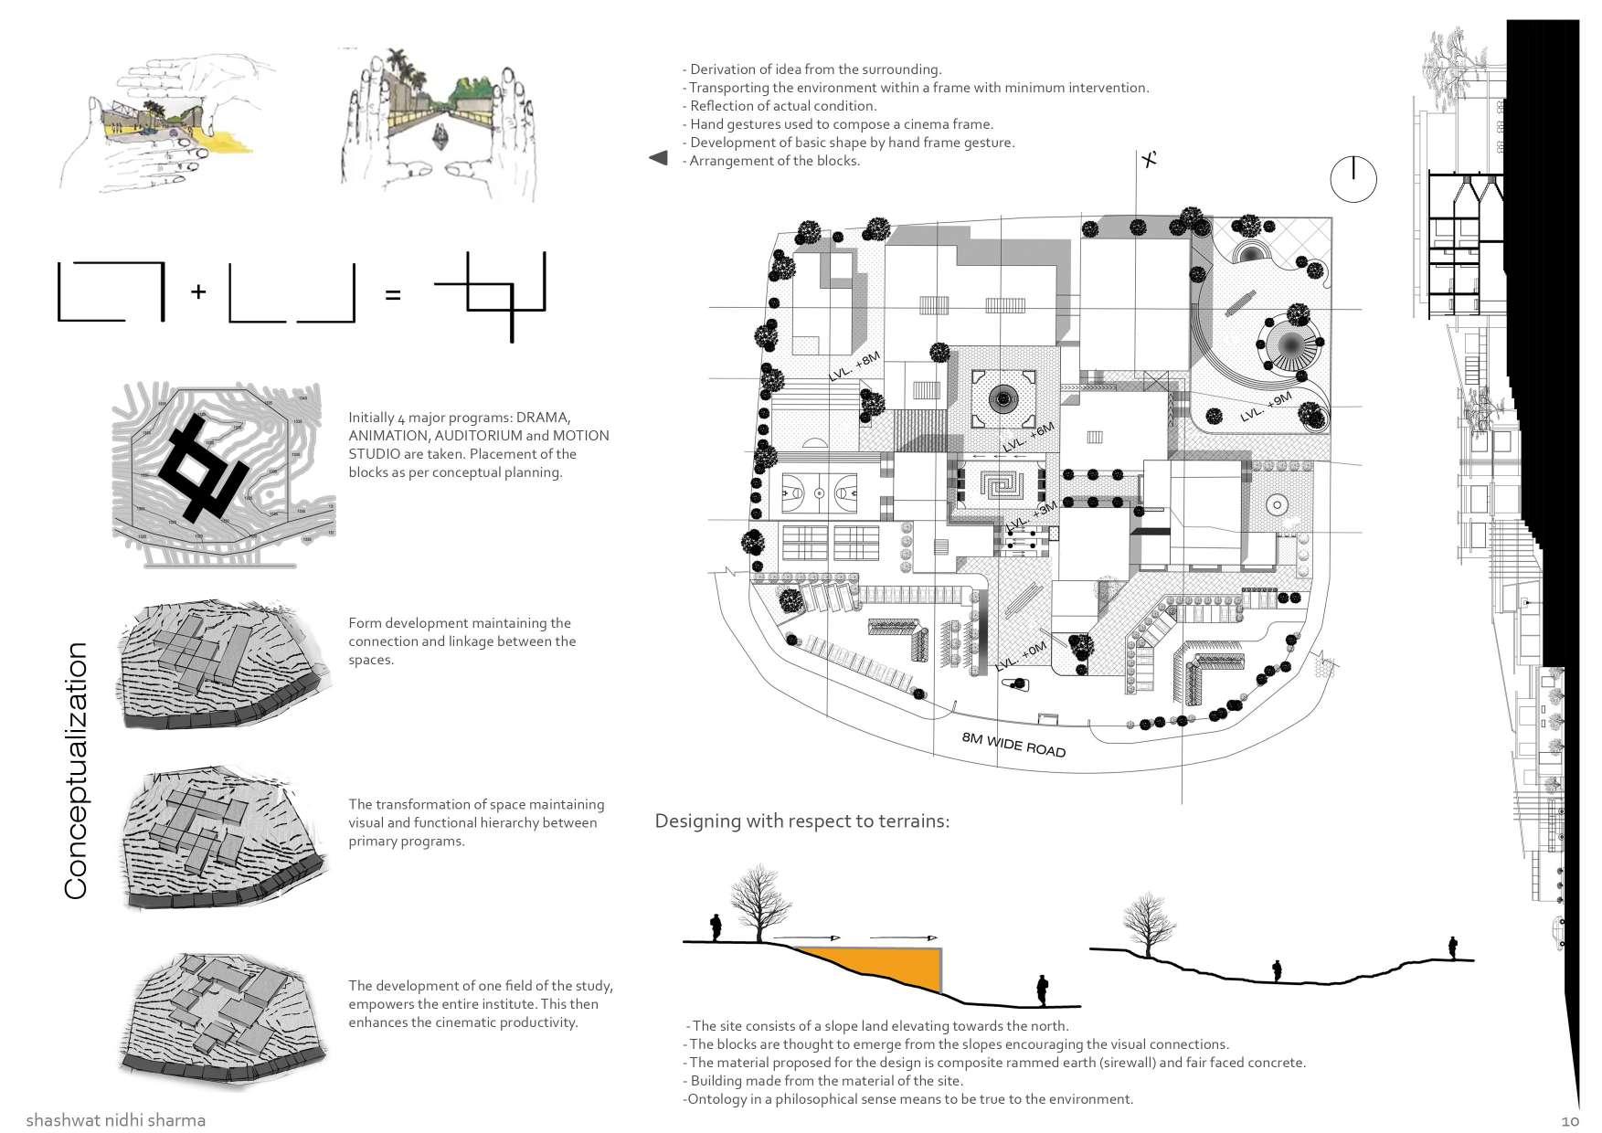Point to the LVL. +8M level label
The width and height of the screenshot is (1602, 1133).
coord(854,366)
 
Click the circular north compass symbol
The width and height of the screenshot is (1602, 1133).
coord(1353,178)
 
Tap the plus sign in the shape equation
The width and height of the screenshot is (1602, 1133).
coord(198,291)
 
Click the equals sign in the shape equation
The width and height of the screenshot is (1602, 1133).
coord(393,295)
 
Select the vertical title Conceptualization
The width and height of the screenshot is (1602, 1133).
coord(76,770)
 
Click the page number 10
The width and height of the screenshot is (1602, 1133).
coord(1571,1120)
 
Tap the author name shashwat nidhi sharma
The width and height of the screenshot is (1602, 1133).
coord(116,1119)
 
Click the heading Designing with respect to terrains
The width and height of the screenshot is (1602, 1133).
coord(802,821)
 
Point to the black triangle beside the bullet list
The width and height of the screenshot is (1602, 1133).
coord(658,158)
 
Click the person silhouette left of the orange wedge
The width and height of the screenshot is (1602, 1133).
coord(717,927)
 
